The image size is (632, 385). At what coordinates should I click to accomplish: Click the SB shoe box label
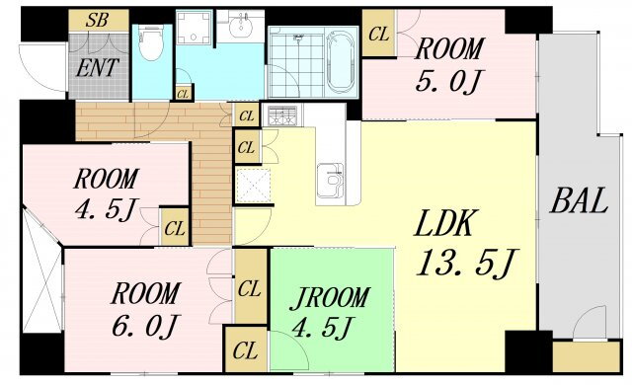tap(97, 20)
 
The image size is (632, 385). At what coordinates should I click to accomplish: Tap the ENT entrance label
tap(97, 68)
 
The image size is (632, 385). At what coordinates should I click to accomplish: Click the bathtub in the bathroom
tap(341, 62)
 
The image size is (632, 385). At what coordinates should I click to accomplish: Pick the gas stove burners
tap(282, 115)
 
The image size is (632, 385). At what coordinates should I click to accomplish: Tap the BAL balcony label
tap(579, 200)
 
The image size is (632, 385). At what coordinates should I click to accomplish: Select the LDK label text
tap(443, 223)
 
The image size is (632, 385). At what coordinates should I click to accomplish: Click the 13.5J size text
tap(465, 264)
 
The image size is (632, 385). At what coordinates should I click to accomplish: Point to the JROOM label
tap(329, 298)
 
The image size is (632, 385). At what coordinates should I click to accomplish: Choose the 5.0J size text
tap(447, 81)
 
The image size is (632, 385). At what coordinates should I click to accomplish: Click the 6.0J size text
tap(144, 326)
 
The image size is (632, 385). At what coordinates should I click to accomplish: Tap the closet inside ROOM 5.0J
tap(378, 33)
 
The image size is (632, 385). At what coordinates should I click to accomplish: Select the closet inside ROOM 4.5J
tap(175, 227)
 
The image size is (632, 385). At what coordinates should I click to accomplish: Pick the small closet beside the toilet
tap(183, 93)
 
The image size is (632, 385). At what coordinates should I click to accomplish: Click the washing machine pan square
tap(193, 27)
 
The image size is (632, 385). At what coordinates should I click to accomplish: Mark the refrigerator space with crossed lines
tap(253, 186)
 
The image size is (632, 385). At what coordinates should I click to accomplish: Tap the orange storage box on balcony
tap(587, 356)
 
